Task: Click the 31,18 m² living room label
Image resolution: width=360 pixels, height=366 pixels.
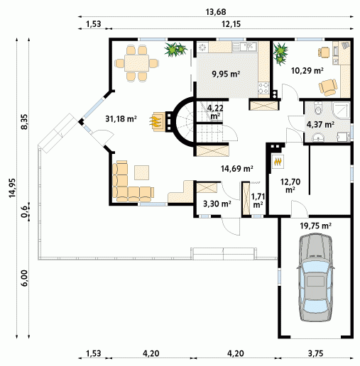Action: [121, 118]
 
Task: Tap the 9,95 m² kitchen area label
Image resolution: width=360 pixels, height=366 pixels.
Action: [226, 74]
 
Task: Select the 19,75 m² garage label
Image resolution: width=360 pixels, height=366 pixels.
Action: [315, 226]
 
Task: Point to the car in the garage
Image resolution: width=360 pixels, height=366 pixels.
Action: [316, 277]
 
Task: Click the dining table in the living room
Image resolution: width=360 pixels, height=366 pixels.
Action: [137, 63]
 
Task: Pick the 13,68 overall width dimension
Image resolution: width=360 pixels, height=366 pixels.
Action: [216, 12]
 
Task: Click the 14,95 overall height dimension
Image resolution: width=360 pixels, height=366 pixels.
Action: [12, 188]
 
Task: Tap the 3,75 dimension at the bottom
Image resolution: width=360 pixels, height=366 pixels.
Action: [315, 353]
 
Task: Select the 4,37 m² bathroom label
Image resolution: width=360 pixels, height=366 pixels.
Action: [320, 124]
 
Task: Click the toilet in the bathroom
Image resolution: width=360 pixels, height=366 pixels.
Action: [318, 108]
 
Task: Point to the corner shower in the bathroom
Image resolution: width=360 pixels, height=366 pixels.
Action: [341, 110]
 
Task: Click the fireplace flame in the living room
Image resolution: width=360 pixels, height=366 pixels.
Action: [156, 121]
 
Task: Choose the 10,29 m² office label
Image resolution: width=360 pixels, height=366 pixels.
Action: [307, 70]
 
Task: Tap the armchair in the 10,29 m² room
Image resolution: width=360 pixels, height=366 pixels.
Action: [328, 87]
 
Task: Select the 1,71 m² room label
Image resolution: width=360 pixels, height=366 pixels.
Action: [258, 200]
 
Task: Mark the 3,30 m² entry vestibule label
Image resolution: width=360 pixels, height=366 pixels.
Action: [217, 204]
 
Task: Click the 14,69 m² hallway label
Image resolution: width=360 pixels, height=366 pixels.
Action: [237, 169]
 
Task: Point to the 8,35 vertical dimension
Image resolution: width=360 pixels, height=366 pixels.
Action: [24, 121]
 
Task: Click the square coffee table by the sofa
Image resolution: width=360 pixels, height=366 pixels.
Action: [142, 172]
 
